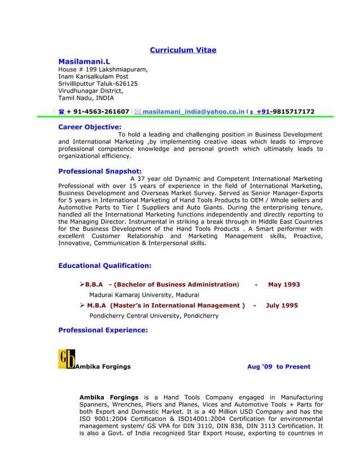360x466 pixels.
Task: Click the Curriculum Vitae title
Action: coord(183,50)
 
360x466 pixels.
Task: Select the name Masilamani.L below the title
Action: coord(85,60)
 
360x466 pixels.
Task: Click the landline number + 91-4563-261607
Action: coord(98,112)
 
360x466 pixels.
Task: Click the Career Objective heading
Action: coord(90,127)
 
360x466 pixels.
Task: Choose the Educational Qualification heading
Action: coord(105,265)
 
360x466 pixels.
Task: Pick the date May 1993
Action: coord(284,284)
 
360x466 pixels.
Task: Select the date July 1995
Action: coord(282,305)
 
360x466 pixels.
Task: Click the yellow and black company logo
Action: coord(66,359)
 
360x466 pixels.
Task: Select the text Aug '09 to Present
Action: coord(279,367)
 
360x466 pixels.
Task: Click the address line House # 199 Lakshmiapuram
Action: coord(103,70)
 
